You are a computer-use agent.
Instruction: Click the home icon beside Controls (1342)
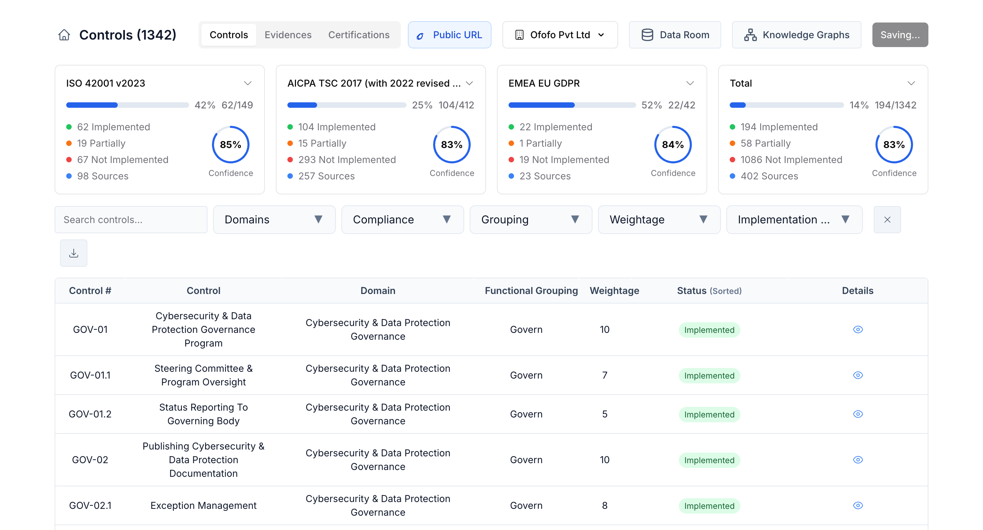64,35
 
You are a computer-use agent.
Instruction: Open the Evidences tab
288,35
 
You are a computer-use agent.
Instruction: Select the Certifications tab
358,35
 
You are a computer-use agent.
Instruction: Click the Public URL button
449,35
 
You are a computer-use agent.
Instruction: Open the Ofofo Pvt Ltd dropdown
559,35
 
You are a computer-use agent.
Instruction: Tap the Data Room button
674,35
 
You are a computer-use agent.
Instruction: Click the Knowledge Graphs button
796,35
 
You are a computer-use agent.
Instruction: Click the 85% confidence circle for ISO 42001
230,145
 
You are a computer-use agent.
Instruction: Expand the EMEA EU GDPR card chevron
689,83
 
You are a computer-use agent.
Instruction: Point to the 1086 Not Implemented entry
791,160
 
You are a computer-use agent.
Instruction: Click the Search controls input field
131,220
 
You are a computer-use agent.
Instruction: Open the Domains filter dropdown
274,220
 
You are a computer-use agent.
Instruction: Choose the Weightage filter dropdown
659,220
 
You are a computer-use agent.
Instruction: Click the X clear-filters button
887,220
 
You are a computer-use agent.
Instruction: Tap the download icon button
74,253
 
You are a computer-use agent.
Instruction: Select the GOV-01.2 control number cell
90,414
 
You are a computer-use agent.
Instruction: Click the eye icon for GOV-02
857,460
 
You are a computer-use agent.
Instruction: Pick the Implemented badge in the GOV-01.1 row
709,376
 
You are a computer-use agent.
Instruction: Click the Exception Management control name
203,505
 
